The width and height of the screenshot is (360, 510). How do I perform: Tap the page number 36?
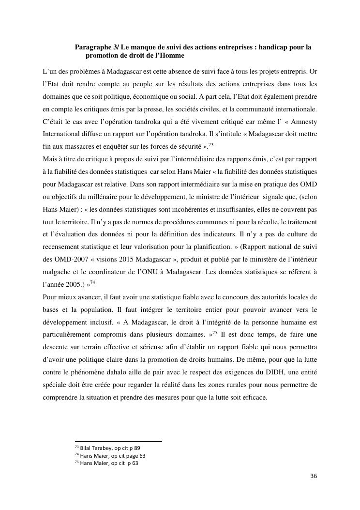pyautogui.click(x=314, y=476)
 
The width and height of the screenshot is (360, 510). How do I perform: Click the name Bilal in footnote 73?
pyautogui.click(x=86, y=448)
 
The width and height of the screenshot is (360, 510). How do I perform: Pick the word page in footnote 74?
pyautogui.click(x=126, y=456)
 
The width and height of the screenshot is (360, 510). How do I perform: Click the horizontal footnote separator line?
pyautogui.click(x=118, y=441)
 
